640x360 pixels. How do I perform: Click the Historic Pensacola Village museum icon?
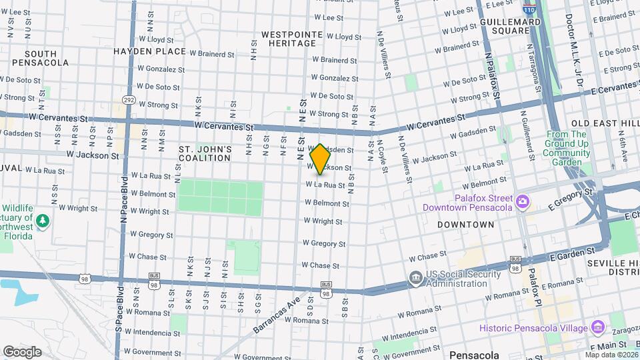pyautogui.click(x=597, y=327)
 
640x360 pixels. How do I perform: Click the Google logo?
pyautogui.click(x=22, y=351)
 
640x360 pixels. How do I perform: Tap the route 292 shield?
pyautogui.click(x=129, y=100)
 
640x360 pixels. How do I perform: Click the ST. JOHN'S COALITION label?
pyautogui.click(x=205, y=153)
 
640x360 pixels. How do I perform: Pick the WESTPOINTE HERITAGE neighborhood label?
pyautogui.click(x=289, y=39)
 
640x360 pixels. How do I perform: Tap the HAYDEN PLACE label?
pyautogui.click(x=149, y=51)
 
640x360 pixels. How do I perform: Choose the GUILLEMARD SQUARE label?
pyautogui.click(x=510, y=26)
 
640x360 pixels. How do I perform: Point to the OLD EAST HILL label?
pyautogui.click(x=605, y=124)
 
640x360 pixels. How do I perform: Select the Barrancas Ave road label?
pyautogui.click(x=277, y=315)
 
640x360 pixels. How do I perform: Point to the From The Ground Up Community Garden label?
pyautogui.click(x=567, y=148)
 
